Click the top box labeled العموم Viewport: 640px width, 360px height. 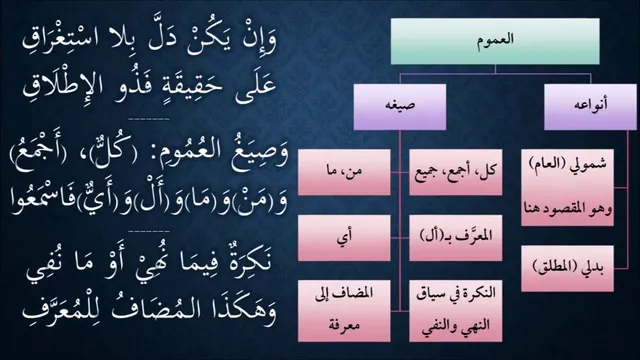pyautogui.click(x=495, y=41)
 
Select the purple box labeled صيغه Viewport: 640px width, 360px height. pyautogui.click(x=400, y=107)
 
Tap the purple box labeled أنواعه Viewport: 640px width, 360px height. pyautogui.click(x=590, y=107)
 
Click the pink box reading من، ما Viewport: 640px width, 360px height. pyautogui.click(x=344, y=172)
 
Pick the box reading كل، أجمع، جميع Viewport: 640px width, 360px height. pyautogui.click(x=456, y=172)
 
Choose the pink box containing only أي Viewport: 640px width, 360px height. pyautogui.click(x=344, y=238)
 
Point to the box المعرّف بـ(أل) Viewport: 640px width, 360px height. pyautogui.click(x=456, y=238)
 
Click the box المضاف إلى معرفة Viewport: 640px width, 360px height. pyautogui.click(x=344, y=311)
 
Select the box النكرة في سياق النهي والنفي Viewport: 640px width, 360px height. pyautogui.click(x=456, y=311)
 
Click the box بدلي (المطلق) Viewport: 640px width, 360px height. pyautogui.click(x=567, y=268)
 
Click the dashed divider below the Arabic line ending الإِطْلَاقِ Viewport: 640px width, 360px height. pyautogui.click(x=149, y=120)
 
